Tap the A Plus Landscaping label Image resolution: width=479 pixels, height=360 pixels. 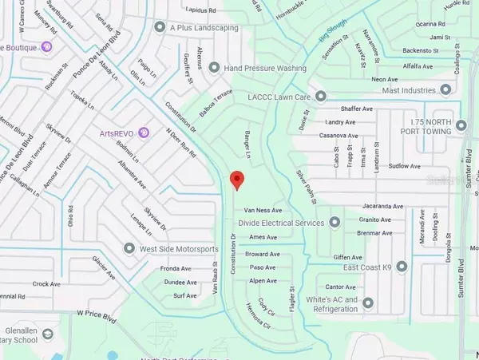coord(200,26)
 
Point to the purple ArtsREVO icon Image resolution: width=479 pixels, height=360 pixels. coord(143,132)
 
